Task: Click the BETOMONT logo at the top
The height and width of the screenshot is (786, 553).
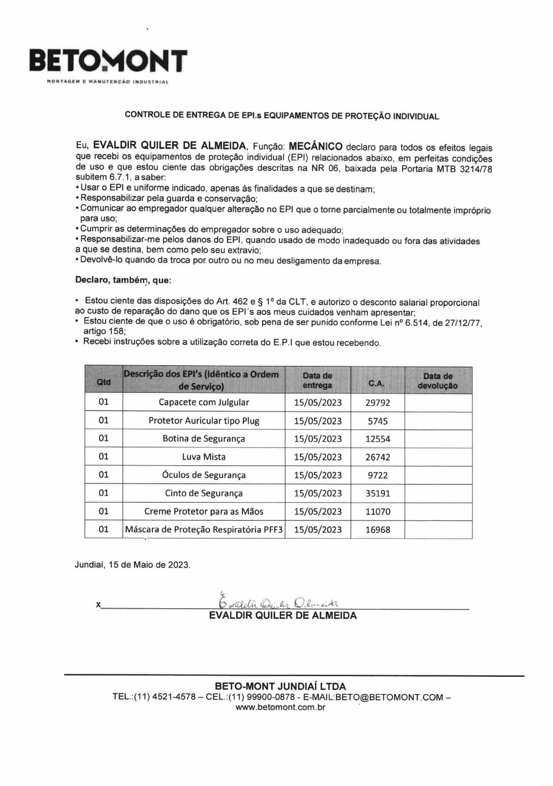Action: pos(108,61)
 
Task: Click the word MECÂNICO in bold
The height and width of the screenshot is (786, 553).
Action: pos(316,146)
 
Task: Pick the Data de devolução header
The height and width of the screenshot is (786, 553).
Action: pos(438,381)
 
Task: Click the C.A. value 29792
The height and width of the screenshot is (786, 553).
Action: pos(377,403)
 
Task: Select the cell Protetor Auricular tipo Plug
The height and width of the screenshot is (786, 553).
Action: pos(204,421)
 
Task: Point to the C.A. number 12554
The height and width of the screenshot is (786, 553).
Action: pos(377,439)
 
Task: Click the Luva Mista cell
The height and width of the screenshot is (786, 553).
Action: pos(204,457)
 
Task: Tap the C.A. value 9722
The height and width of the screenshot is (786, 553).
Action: pos(377,475)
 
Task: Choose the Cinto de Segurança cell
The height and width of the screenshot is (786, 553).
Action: pos(204,493)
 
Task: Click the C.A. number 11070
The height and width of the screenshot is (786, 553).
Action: pos(377,511)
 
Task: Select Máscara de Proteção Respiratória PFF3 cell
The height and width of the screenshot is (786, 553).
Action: pos(204,530)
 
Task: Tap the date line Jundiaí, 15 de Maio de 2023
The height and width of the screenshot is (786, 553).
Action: pos(132,565)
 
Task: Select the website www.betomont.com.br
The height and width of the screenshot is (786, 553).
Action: pos(280,707)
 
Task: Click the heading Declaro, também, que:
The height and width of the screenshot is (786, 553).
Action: pos(123,280)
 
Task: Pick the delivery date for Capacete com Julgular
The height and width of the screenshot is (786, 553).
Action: pos(318,403)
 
